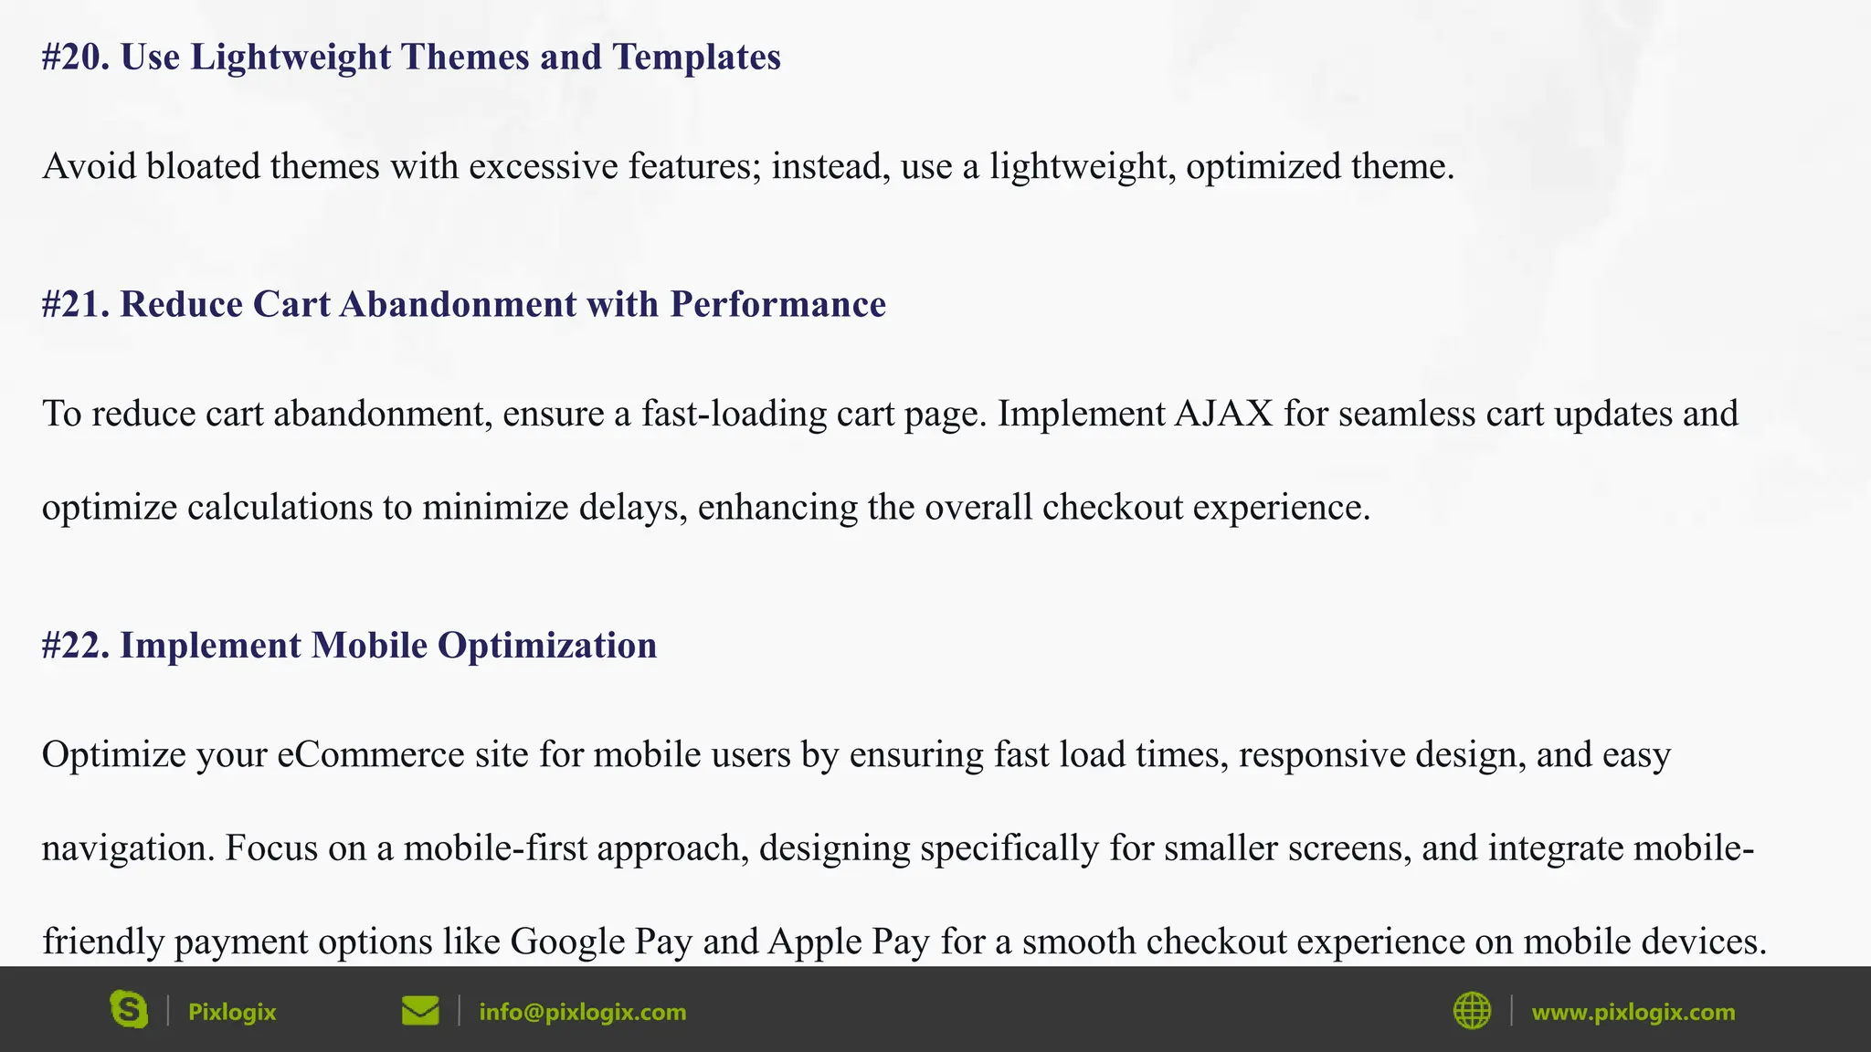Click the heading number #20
coord(76,58)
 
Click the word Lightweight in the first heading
coord(291,58)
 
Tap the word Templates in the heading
coord(696,58)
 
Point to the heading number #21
coord(76,305)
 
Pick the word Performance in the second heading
coord(777,305)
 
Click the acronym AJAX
coord(1223,415)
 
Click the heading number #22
coord(76,646)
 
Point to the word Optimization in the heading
coord(546,646)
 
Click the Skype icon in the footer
coord(129,1010)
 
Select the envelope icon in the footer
coord(420,1011)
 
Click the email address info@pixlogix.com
coord(582,1012)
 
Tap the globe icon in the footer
coord(1472,1011)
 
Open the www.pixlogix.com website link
coord(1633,1012)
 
